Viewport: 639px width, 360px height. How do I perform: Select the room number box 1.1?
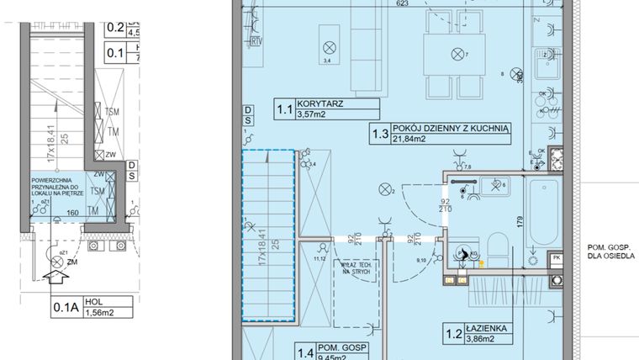coord(286,109)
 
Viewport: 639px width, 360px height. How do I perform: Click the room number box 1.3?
coord(381,132)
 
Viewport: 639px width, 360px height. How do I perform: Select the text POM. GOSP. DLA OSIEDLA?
coord(612,250)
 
